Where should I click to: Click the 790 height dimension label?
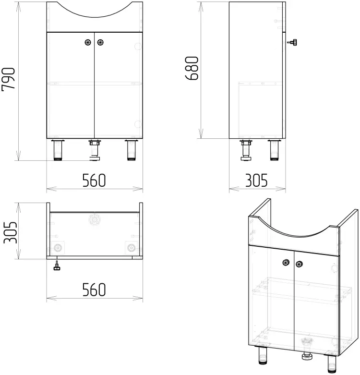[8, 79]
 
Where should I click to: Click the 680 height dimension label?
[192, 68]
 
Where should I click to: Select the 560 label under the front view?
[94, 181]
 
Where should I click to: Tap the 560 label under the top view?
[94, 290]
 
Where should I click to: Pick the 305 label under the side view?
[256, 181]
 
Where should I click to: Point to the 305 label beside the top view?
[11, 232]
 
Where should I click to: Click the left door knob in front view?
[88, 43]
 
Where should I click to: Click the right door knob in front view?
[100, 43]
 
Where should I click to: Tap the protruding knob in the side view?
[292, 42]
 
